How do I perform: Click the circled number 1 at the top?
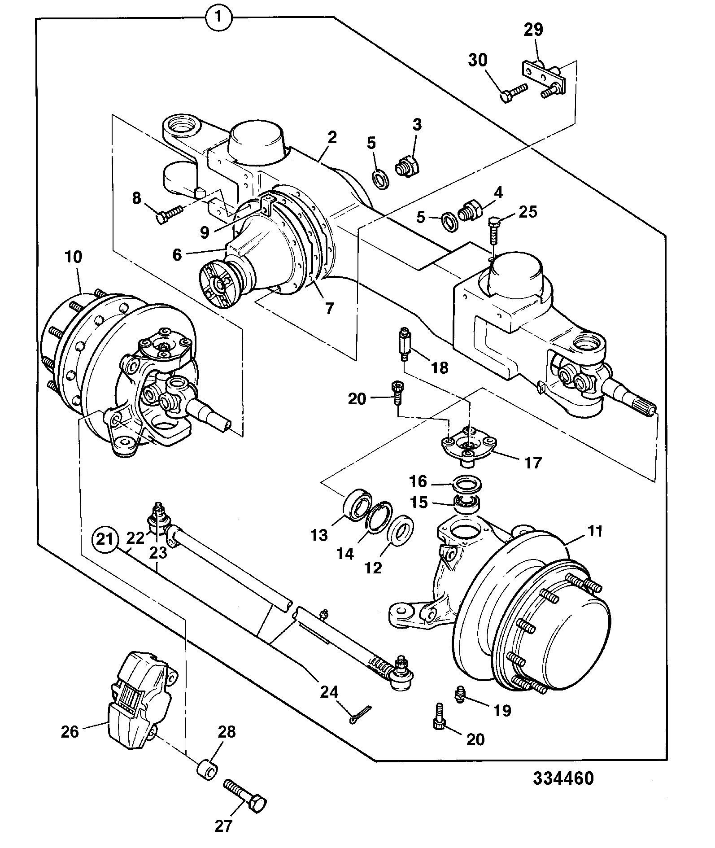point(218,17)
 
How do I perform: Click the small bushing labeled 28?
point(207,769)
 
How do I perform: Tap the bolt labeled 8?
point(169,213)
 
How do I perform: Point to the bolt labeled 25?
point(493,230)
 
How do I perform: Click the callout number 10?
point(74,257)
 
